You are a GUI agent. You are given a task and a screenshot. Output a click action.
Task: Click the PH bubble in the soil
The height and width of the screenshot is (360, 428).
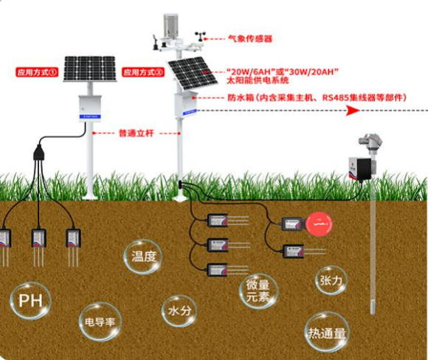click(x=30, y=301)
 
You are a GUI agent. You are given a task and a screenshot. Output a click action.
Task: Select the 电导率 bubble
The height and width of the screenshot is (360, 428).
click(x=100, y=323)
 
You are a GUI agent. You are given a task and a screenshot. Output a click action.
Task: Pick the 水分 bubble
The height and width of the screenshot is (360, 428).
click(x=179, y=311)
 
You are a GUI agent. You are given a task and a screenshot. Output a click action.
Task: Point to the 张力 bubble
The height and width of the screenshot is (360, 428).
click(x=329, y=281)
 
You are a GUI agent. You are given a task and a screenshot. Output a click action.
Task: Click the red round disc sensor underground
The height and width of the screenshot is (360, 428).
click(x=320, y=221)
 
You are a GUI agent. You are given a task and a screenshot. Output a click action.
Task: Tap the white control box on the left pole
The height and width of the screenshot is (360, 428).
click(x=88, y=107)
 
